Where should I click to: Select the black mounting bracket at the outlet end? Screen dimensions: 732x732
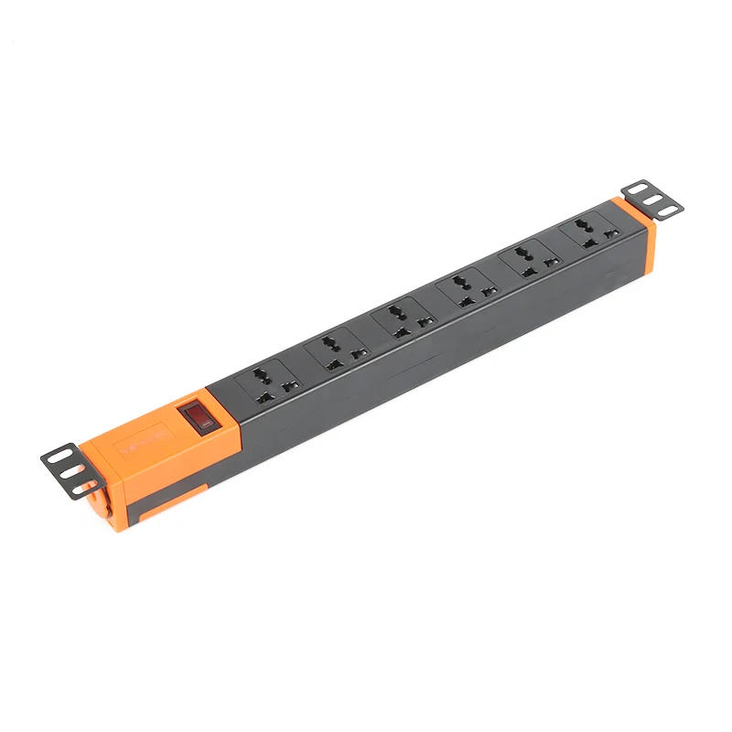click(651, 199)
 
